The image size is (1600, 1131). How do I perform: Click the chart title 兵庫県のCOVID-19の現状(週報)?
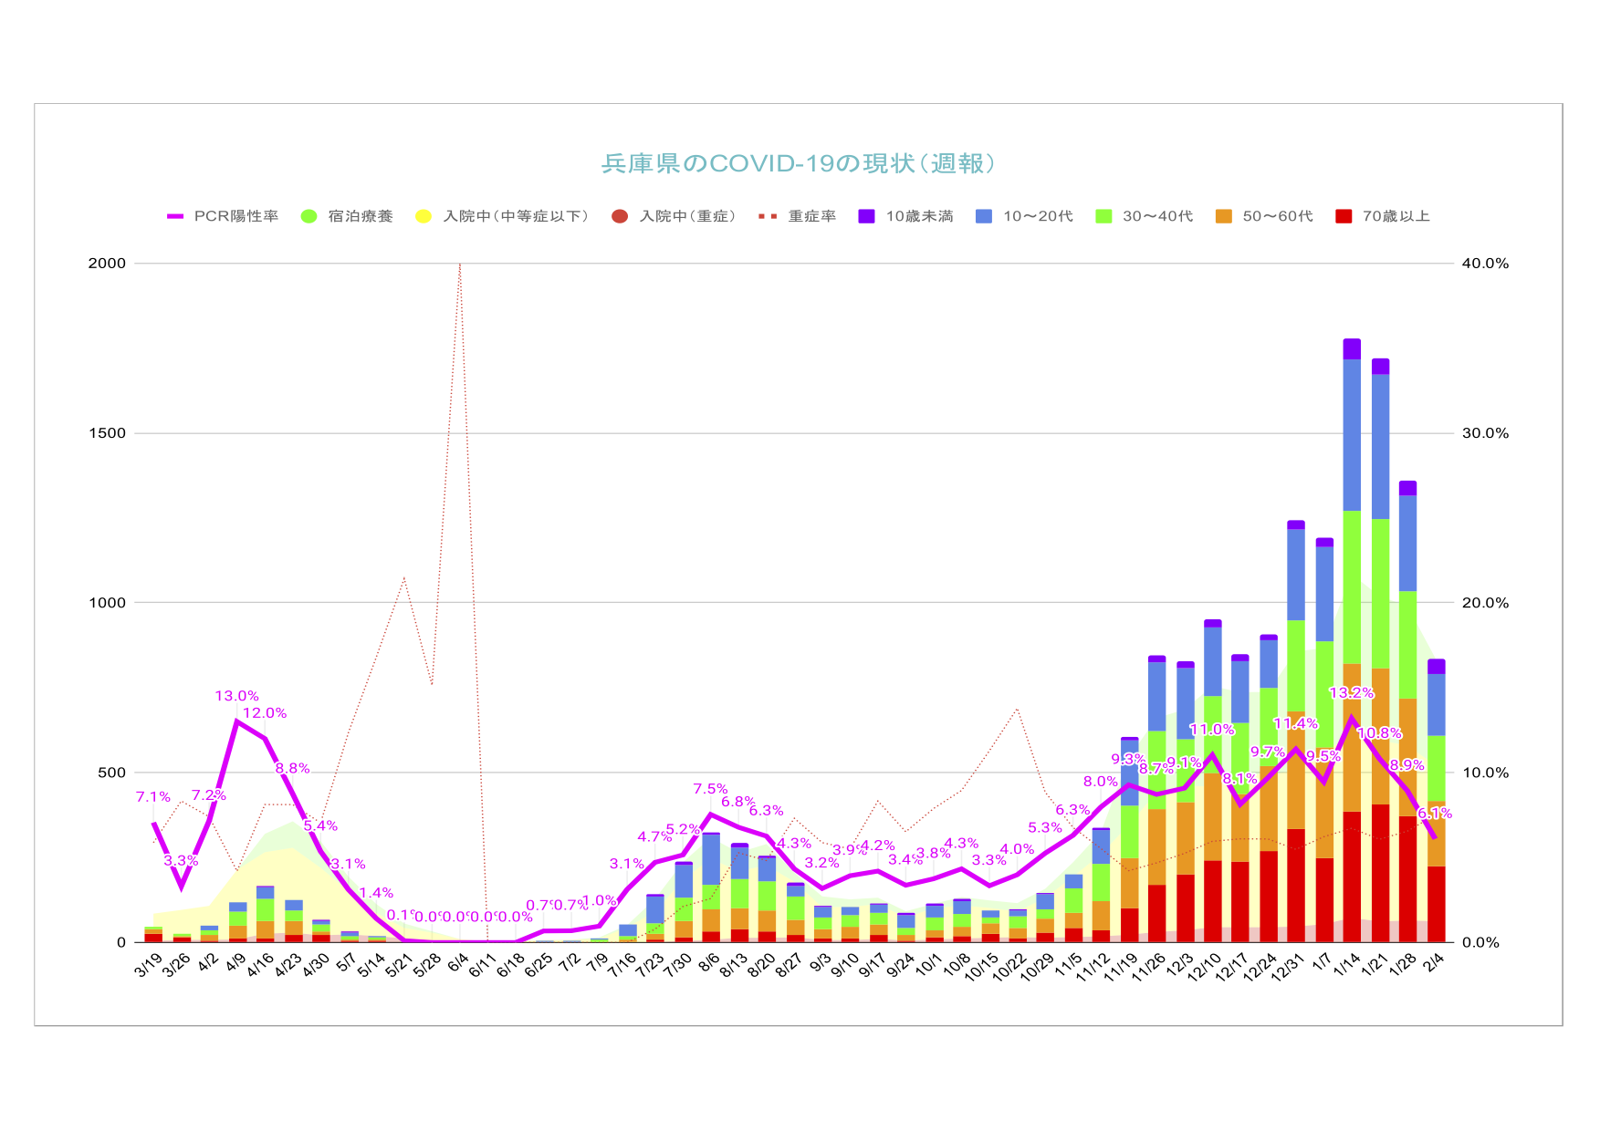[799, 163]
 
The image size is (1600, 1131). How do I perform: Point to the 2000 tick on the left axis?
[107, 264]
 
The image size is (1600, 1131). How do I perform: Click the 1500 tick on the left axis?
[107, 433]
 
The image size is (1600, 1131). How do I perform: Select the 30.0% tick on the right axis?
[1485, 433]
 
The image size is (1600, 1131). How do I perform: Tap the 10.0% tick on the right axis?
[1485, 773]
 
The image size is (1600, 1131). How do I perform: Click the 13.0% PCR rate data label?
[237, 696]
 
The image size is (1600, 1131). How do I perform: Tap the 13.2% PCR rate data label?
[1351, 693]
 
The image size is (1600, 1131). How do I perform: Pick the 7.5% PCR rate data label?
[710, 789]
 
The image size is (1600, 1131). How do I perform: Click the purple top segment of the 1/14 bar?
[1352, 348]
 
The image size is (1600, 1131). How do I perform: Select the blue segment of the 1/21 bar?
[1380, 447]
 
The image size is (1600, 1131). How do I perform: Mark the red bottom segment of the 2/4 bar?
[1436, 904]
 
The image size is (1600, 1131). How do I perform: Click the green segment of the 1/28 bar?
[1407, 645]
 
